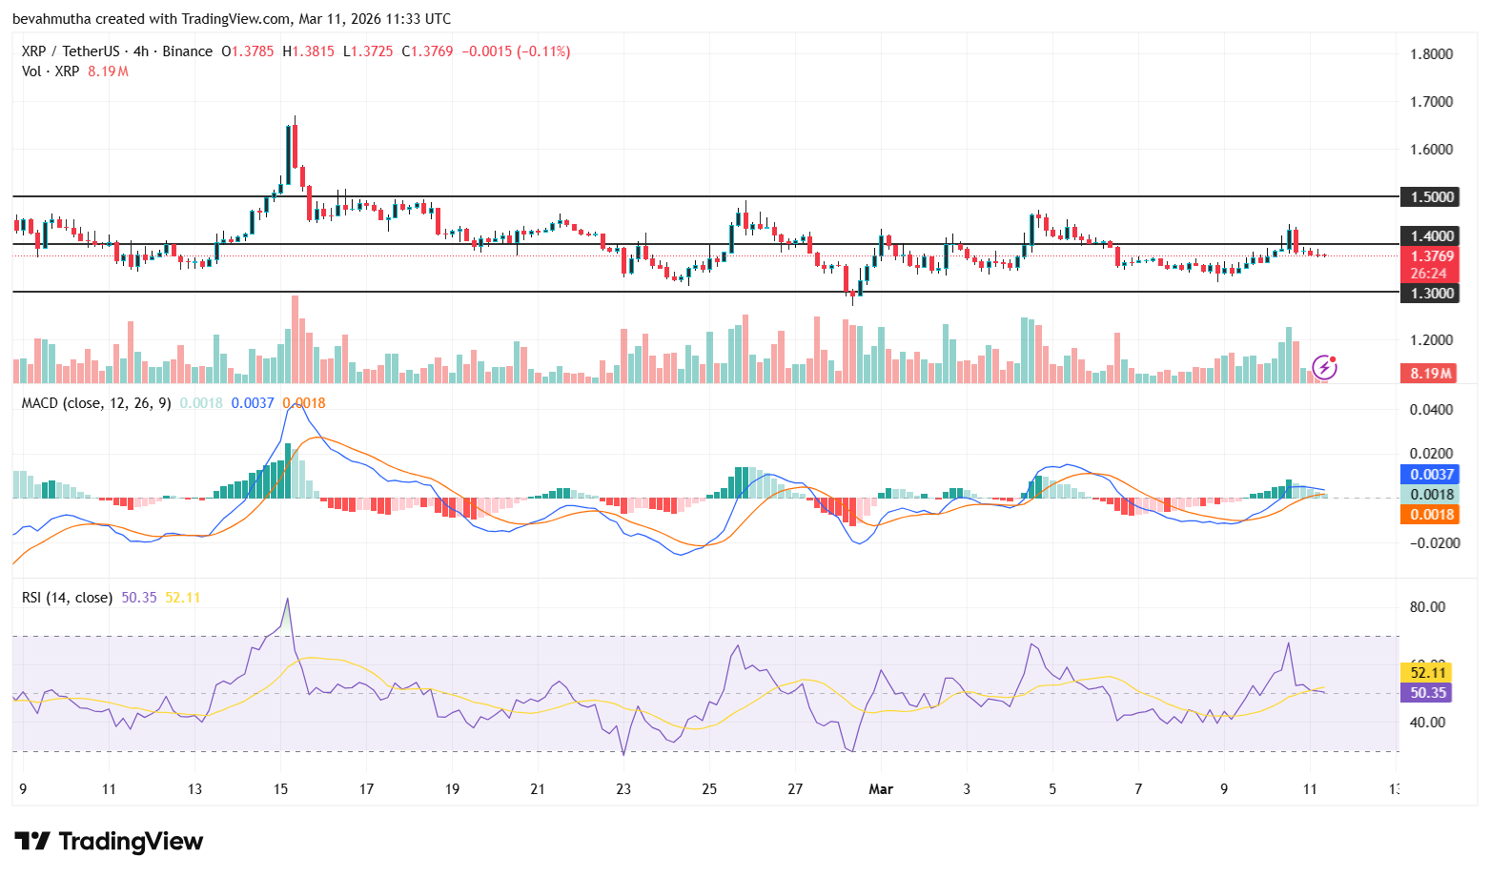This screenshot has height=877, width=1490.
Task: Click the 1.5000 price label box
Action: point(1429,196)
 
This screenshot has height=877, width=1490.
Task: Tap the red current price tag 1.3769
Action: point(1429,255)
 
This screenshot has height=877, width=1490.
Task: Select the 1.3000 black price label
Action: point(1429,293)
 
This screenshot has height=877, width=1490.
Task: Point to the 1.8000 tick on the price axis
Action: point(1432,54)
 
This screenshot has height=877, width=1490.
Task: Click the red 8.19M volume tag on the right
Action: point(1429,373)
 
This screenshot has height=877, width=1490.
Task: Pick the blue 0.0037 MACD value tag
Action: point(1429,474)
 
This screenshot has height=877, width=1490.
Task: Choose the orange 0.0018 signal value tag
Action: point(1429,514)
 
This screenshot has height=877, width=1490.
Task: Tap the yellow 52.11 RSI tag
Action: point(1426,672)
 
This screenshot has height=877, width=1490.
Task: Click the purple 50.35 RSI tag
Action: point(1426,693)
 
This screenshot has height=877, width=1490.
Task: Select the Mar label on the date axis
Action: point(881,789)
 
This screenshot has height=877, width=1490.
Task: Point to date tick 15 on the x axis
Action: point(280,789)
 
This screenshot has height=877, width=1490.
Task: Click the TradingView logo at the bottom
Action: point(109,841)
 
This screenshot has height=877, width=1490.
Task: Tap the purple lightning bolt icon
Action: point(1324,367)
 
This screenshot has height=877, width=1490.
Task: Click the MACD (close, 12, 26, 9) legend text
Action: point(96,403)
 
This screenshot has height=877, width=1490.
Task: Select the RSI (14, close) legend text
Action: point(67,598)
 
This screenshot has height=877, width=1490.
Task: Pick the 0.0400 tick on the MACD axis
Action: point(1432,410)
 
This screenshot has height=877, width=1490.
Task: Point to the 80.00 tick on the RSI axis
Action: point(1428,607)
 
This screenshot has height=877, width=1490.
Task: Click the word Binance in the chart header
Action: point(187,51)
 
